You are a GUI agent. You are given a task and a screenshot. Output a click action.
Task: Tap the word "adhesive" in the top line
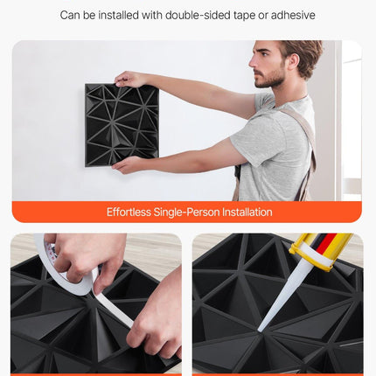(x=293, y=15)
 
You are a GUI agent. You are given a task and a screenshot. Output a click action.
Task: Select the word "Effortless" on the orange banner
(x=129, y=212)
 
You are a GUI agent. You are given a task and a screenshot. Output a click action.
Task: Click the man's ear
(x=293, y=61)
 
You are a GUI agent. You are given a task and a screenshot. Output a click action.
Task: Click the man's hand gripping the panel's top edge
(x=129, y=79)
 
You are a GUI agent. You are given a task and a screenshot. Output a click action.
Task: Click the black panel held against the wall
(x=122, y=125)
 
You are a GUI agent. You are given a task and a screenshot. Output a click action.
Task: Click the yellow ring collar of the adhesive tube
(x=312, y=254)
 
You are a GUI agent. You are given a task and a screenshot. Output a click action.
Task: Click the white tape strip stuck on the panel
(x=114, y=309)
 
